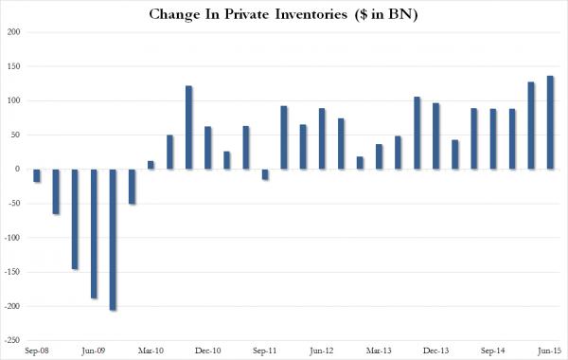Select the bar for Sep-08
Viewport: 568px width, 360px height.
click(x=37, y=175)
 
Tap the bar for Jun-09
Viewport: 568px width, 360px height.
click(x=94, y=233)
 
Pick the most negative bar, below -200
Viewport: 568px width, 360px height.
click(x=113, y=240)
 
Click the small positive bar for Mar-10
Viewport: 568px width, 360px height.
click(x=151, y=165)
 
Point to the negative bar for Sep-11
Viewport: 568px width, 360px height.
click(x=265, y=174)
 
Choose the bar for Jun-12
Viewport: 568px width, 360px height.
click(x=322, y=138)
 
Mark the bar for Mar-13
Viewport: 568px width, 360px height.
click(x=379, y=156)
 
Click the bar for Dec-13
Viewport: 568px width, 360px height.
click(x=435, y=135)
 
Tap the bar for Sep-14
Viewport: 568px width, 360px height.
click(x=492, y=138)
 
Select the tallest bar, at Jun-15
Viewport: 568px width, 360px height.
click(x=550, y=122)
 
